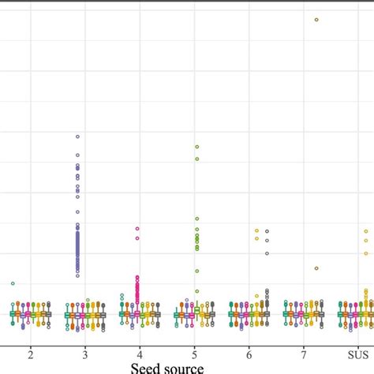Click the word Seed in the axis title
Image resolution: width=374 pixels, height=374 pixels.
tap(147, 367)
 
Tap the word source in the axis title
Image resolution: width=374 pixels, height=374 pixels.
tap(184, 367)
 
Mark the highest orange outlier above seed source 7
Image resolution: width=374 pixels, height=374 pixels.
tap(316, 19)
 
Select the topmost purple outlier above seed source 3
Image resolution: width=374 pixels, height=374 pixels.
tap(77, 137)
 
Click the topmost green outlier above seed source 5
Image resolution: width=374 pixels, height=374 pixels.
tap(197, 147)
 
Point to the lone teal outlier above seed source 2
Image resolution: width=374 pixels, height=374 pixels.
tap(13, 283)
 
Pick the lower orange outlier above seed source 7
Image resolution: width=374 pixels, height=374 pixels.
tap(316, 268)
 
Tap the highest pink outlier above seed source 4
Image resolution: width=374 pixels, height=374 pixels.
tap(137, 229)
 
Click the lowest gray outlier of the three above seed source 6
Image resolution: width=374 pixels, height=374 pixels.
tap(267, 253)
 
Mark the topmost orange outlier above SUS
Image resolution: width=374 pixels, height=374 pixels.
tap(365, 231)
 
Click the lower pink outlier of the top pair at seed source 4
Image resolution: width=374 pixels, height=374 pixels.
tap(137, 237)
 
